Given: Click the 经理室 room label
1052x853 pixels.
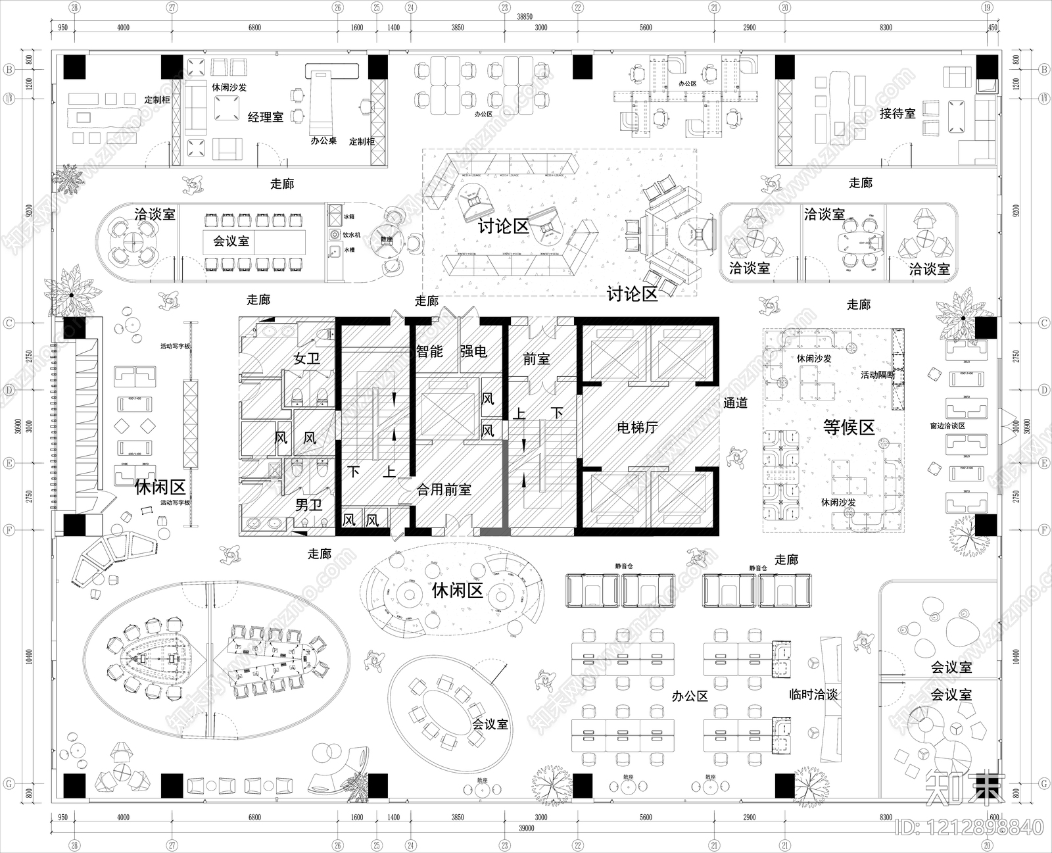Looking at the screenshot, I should pos(266,117).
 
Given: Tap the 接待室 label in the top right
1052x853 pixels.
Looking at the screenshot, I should pos(897,113).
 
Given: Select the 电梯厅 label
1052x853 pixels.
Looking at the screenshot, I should pos(637,428).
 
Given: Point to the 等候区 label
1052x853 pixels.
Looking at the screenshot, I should pos(849,427).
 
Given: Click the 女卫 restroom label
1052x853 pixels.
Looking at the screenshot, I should pos(306,359).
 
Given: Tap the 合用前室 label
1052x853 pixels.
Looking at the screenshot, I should pos(444,490).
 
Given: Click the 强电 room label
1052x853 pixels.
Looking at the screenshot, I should pos(473,352).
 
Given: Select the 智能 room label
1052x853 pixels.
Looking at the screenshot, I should pos(429,352).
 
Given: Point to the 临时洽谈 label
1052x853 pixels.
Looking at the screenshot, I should pos(813,695).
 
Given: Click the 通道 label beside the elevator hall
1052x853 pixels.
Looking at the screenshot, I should pos(735,403).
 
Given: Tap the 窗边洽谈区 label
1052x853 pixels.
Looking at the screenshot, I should pos(947,426).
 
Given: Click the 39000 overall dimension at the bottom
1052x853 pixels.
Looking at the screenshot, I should pos(525,829).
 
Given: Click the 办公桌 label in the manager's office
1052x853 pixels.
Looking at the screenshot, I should pos(323,140).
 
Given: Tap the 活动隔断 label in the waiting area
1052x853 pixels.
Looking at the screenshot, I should pos(878,375).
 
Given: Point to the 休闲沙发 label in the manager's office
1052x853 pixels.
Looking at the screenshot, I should pos(229,86).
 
